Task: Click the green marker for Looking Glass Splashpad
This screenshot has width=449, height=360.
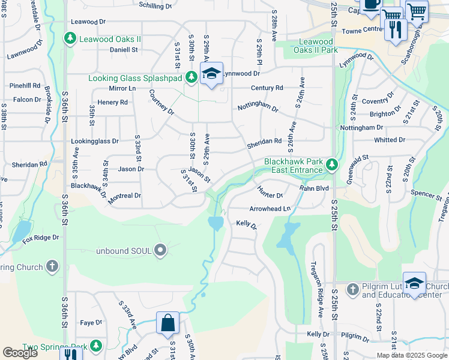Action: tap(191, 77)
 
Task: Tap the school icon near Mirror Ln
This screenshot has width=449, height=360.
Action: tap(211, 74)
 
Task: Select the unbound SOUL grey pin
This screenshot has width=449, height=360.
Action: tap(160, 250)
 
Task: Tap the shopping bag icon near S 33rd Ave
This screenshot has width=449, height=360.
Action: tap(168, 323)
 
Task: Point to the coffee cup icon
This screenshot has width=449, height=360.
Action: tap(370, 4)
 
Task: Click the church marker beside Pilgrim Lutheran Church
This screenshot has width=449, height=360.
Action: tap(352, 290)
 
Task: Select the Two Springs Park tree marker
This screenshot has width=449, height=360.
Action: tap(96, 346)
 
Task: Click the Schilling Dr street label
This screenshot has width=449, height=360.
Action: tap(155, 5)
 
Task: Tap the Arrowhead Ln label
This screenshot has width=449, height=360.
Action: tap(270, 208)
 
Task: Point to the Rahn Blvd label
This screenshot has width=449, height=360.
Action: tap(315, 188)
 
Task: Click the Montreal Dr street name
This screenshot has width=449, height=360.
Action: tap(125, 196)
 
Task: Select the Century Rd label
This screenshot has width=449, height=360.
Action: tap(267, 88)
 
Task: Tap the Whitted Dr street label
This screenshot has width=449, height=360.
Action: tap(389, 140)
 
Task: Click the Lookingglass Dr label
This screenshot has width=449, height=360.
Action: tap(95, 141)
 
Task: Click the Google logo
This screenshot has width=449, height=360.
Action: tap(20, 353)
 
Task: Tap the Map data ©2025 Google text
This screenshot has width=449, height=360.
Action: tap(411, 355)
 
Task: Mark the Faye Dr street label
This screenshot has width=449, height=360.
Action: tap(91, 323)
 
